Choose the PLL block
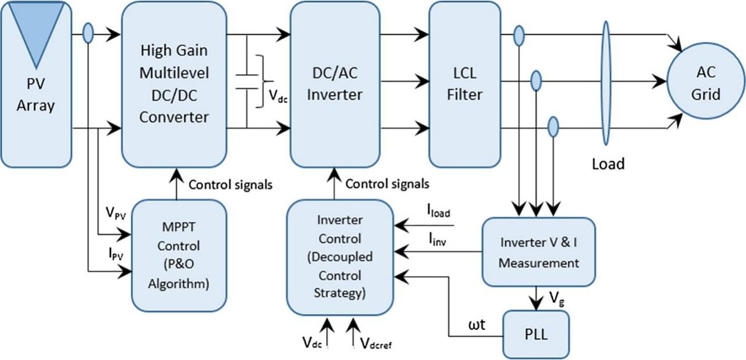tap(536, 334)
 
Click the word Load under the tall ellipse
tap(607, 163)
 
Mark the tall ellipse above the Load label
tap(606, 83)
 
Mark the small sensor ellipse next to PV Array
tap(88, 34)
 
